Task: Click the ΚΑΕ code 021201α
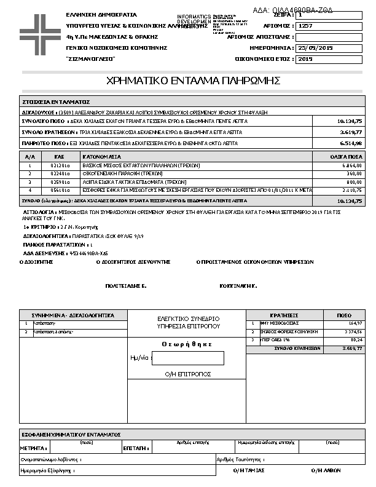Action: (59, 166)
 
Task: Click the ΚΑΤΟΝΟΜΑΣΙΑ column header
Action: (102, 157)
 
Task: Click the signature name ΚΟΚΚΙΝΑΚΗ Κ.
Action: (238, 286)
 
